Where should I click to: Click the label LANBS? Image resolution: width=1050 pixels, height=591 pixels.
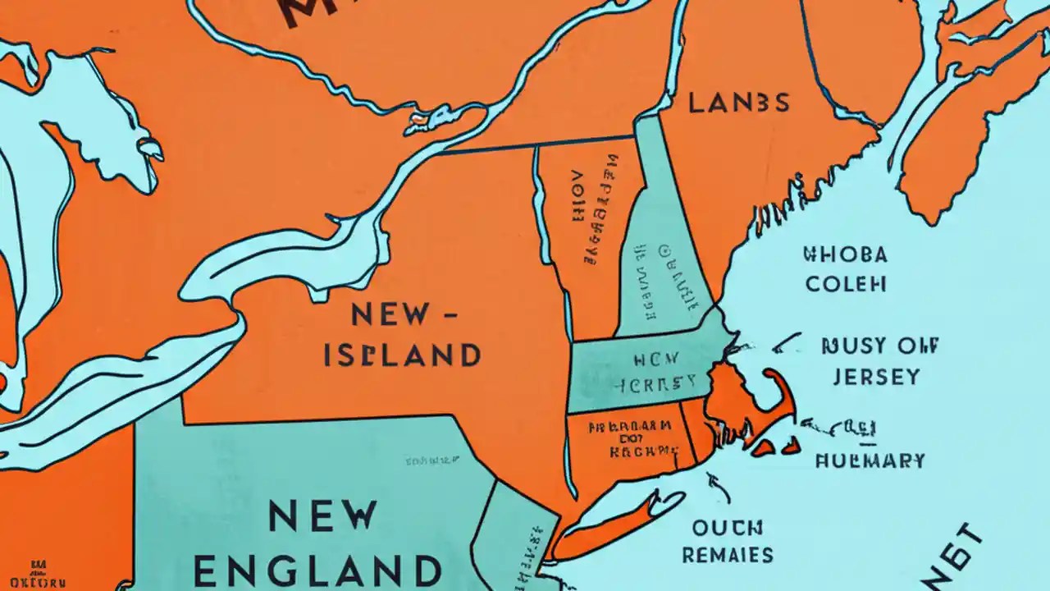coord(738,103)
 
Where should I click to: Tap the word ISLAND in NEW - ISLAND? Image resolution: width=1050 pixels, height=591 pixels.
coord(402,355)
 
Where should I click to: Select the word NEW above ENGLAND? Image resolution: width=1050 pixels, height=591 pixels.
coord(323,515)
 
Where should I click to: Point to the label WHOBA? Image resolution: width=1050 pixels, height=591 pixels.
coord(845,254)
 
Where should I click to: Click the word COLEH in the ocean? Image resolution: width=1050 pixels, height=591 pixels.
coord(845,284)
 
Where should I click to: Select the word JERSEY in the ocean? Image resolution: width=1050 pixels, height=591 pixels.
coord(876,377)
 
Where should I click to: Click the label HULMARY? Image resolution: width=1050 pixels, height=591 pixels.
coord(870,460)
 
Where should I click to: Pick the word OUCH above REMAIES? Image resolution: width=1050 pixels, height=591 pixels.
coord(728,526)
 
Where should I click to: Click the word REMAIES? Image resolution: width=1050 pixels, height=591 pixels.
coord(727,555)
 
